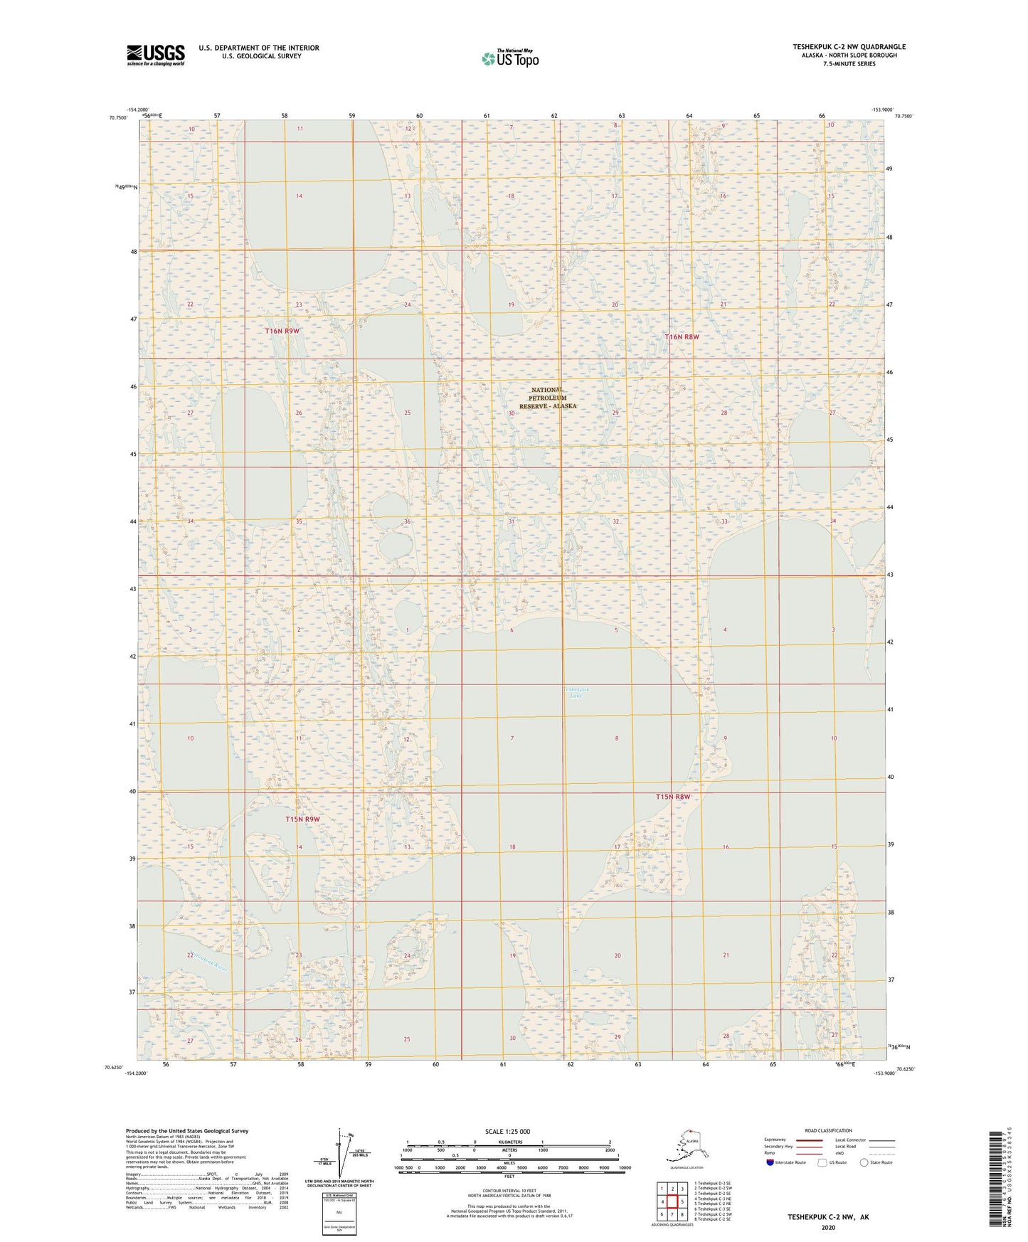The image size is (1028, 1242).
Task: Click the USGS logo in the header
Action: (x=156, y=55)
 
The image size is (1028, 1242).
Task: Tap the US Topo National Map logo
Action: (x=509, y=58)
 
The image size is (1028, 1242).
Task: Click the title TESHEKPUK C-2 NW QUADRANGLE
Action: (x=849, y=47)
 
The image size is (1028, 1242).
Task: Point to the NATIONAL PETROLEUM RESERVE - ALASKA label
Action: (x=547, y=398)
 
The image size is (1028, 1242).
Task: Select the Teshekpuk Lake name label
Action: (x=576, y=692)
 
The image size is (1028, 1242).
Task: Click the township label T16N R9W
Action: (x=282, y=331)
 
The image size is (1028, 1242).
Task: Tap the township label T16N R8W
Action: (x=682, y=336)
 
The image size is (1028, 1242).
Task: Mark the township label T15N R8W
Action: (x=672, y=797)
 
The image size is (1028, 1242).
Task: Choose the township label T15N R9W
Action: (x=302, y=819)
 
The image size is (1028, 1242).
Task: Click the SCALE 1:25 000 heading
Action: (x=508, y=1131)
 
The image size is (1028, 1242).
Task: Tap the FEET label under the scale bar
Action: (x=509, y=1176)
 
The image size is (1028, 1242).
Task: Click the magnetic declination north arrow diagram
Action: (x=340, y=1151)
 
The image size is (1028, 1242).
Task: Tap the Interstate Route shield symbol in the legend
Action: (x=770, y=1162)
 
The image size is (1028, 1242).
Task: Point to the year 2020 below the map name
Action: (x=828, y=1227)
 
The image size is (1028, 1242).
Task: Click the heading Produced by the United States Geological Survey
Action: (x=186, y=1130)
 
